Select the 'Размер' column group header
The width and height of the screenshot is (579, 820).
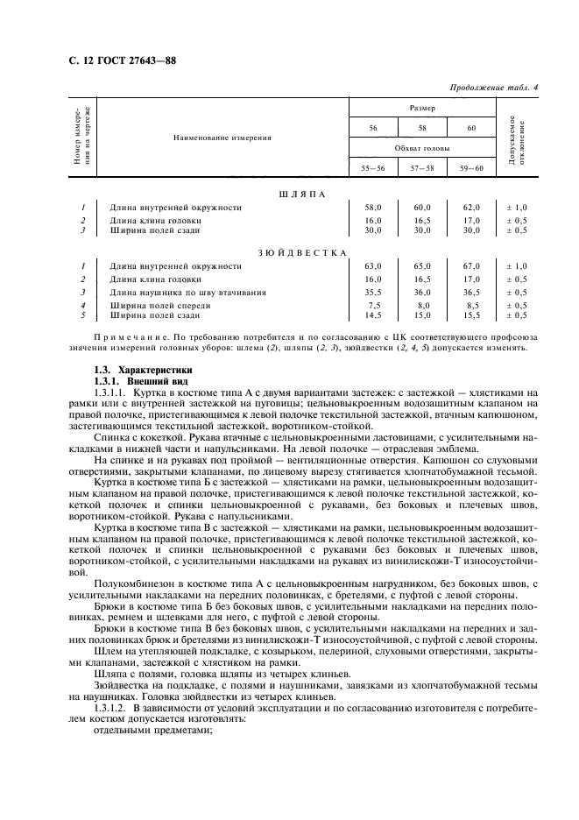click(423, 107)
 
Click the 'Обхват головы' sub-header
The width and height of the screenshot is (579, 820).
click(423, 149)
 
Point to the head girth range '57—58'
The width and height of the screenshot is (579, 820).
click(423, 167)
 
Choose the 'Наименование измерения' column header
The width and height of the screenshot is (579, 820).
click(222, 138)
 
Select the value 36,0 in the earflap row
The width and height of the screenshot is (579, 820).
click(423, 293)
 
